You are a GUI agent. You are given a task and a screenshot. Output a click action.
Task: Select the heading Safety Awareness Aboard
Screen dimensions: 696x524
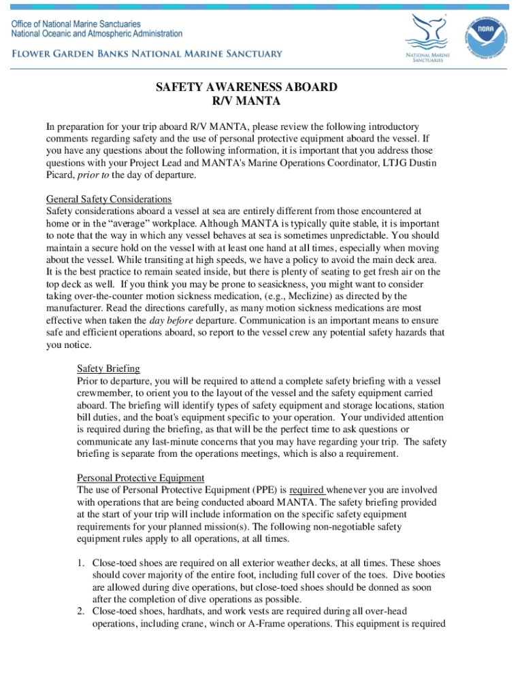(x=246, y=88)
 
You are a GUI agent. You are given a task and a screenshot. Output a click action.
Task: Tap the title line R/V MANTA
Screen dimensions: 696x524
(x=246, y=101)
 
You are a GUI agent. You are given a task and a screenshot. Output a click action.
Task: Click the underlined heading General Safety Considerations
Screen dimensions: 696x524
(x=109, y=199)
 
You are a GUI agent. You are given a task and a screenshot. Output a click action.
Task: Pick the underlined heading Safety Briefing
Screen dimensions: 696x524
(x=108, y=368)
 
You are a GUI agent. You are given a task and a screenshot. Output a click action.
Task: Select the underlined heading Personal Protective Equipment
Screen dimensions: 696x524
(x=140, y=478)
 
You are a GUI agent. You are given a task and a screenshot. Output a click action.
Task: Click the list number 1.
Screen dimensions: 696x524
(x=80, y=563)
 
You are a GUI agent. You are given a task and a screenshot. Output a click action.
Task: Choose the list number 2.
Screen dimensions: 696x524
(x=80, y=612)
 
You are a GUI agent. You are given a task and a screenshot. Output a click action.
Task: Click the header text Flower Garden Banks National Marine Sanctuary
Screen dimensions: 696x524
(x=146, y=54)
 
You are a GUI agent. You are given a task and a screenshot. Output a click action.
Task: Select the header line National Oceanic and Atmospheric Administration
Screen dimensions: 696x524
(x=96, y=33)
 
